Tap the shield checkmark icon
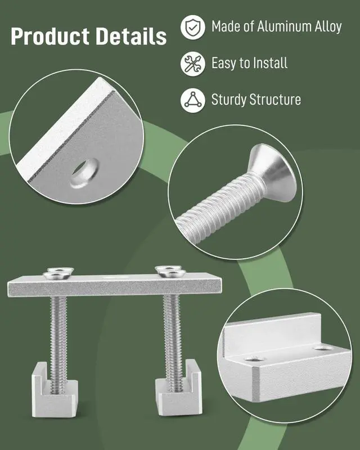point(193,27)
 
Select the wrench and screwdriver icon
point(193,64)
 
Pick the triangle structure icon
point(193,100)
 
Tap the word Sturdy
point(229,100)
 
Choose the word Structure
point(275,100)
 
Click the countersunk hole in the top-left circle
point(84,173)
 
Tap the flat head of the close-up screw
point(272,172)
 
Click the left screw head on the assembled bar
point(58,273)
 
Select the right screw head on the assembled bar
point(170,272)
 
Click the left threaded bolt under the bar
point(58,344)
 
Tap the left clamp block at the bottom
point(55,390)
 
